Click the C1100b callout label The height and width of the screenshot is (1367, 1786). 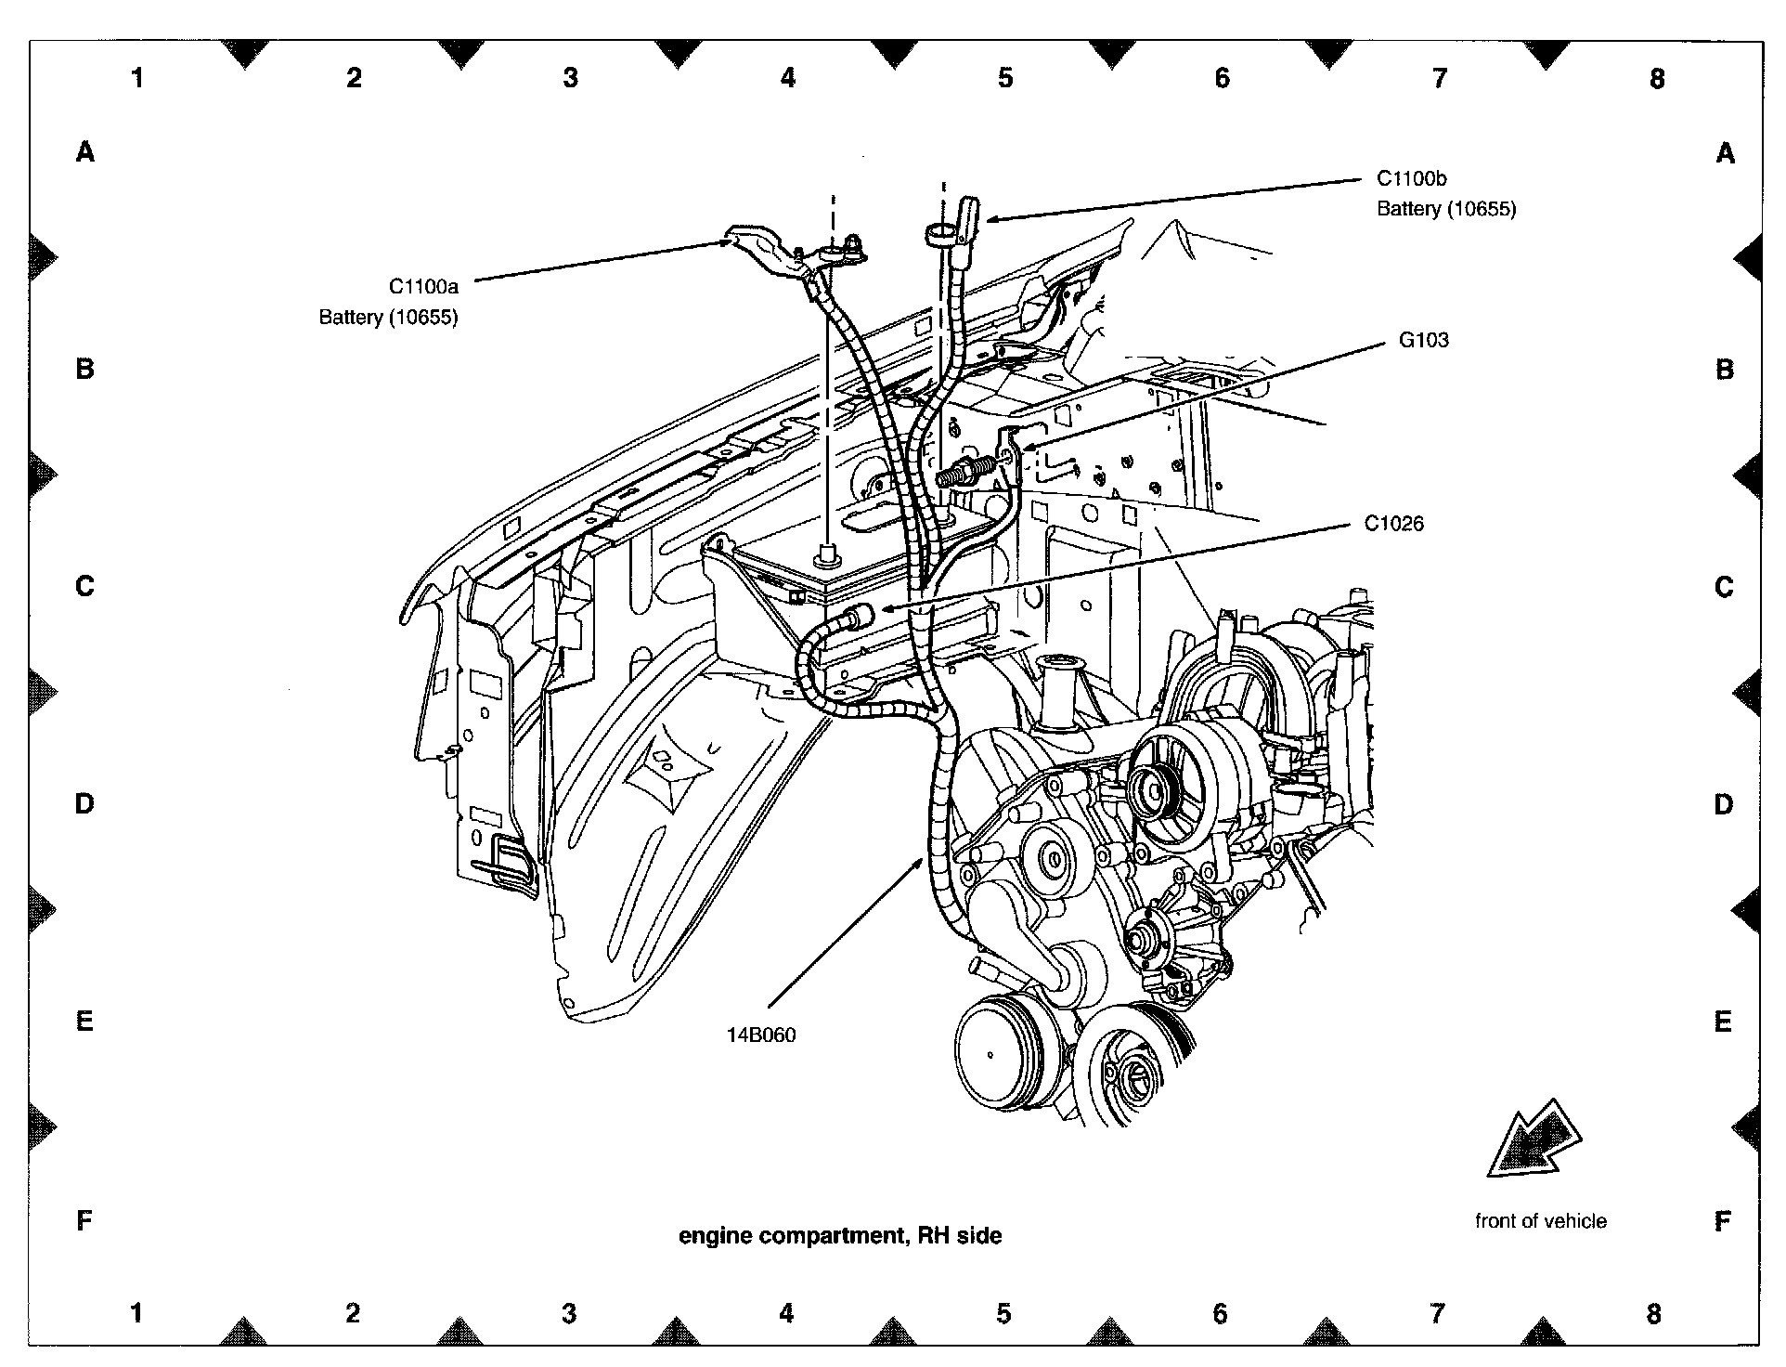click(x=1411, y=178)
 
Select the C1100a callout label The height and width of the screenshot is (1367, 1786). click(x=423, y=287)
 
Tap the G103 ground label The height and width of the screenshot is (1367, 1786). click(x=1423, y=340)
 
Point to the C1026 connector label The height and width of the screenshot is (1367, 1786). click(x=1393, y=524)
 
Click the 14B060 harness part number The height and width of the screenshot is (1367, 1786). click(x=761, y=1035)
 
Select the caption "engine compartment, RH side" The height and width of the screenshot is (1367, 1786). click(x=840, y=1235)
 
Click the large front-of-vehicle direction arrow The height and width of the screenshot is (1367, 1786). click(x=1536, y=1140)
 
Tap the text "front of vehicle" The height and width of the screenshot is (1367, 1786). click(x=1540, y=1221)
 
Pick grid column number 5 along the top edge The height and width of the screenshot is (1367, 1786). click(x=1005, y=79)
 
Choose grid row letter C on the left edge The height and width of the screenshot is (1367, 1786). click(x=84, y=587)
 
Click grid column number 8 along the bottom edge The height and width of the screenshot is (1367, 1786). click(x=1654, y=1313)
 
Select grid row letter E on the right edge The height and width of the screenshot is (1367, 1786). click(x=1723, y=1022)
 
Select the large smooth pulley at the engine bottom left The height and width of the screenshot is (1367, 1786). click(x=990, y=1054)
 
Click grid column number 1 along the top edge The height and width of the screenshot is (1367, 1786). click(x=137, y=79)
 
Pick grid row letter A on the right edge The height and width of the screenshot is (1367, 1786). click(x=1725, y=153)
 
